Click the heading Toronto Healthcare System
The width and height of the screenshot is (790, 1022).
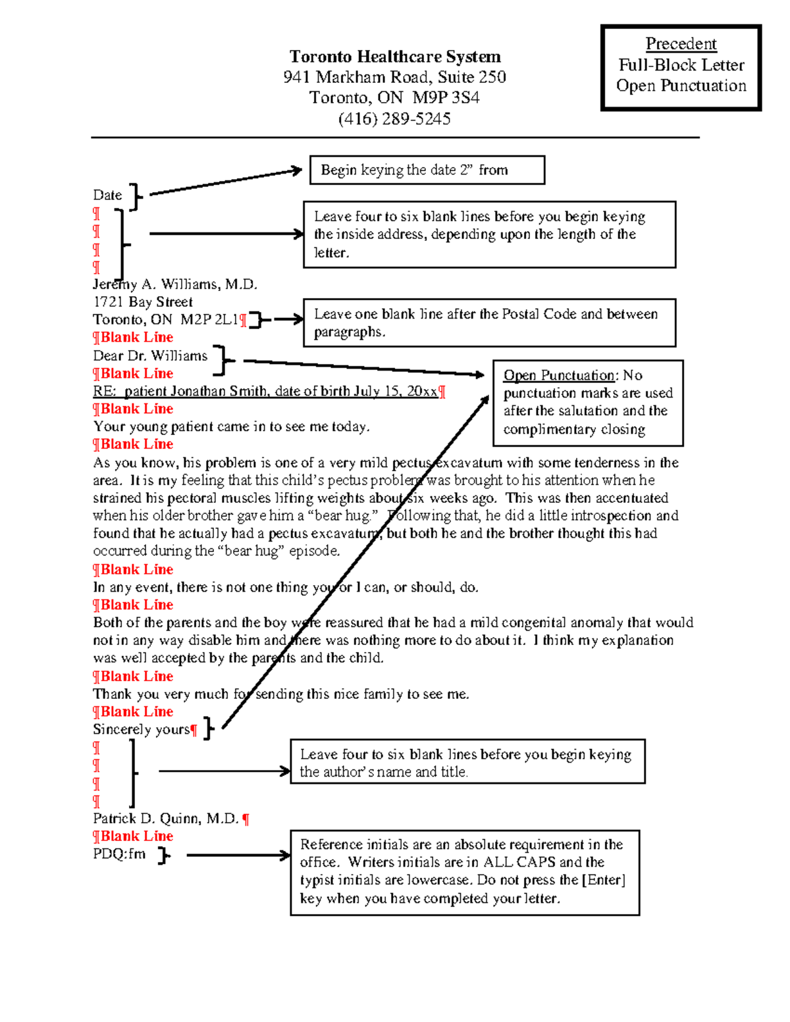point(395,57)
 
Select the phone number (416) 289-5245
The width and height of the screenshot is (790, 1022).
point(394,119)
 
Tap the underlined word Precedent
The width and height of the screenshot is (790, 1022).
point(681,44)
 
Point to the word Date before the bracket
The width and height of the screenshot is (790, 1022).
point(107,195)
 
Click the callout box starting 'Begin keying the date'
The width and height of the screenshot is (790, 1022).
point(427,170)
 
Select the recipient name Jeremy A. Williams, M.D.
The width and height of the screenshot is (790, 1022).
point(175,284)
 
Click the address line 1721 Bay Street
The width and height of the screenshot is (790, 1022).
point(143,302)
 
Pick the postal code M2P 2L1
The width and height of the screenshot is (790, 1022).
point(209,320)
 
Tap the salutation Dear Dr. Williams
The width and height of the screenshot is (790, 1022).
point(150,356)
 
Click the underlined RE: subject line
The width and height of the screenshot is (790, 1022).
point(265,392)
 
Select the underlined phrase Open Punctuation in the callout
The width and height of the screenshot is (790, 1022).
point(559,375)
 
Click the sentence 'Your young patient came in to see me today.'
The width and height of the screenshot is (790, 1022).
point(231,427)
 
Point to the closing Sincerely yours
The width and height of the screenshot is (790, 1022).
point(141,730)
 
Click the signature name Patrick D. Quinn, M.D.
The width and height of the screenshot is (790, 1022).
point(166,819)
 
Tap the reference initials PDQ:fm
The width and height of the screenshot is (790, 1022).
point(119,854)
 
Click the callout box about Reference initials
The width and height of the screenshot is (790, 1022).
point(464,872)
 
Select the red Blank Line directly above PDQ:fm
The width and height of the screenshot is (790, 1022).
point(133,836)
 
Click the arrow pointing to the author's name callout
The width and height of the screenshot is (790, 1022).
point(224,771)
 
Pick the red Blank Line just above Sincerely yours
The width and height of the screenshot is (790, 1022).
point(133,712)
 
